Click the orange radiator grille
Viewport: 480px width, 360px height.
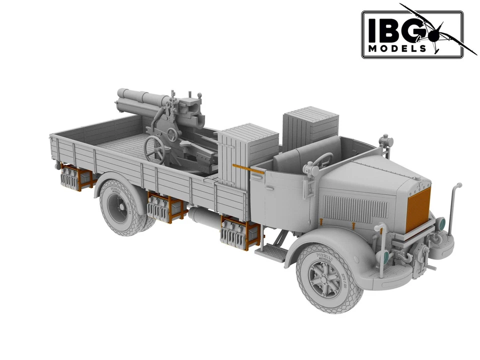[417, 209]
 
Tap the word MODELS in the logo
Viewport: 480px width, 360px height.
[397, 48]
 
